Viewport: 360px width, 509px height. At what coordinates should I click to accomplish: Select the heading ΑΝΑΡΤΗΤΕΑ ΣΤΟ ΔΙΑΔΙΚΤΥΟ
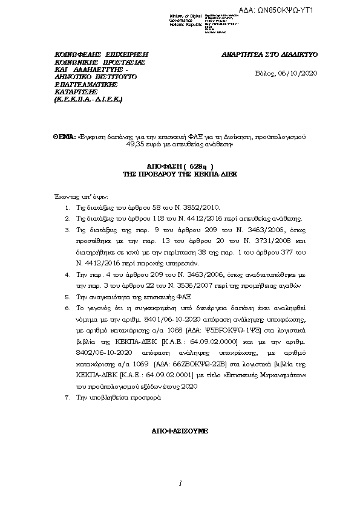coord(270,54)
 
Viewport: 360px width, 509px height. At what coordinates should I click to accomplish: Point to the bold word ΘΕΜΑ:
coord(65,137)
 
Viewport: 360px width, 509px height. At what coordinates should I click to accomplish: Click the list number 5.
coord(67,297)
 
